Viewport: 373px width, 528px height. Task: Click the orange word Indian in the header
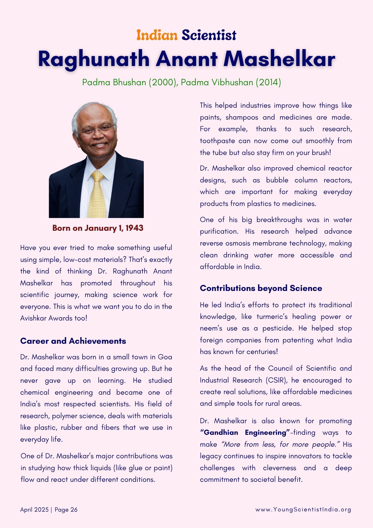tap(157, 35)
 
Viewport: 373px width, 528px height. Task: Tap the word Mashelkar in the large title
tap(279, 59)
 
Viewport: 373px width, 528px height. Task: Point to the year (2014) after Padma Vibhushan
tap(268, 82)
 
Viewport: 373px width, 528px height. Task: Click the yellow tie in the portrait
tap(97, 195)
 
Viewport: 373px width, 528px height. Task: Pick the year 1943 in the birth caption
tap(134, 228)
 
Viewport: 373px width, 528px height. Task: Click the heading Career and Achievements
tap(73, 341)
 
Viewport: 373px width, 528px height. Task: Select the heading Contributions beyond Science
tap(261, 288)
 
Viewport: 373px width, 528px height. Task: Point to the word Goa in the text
tap(165, 357)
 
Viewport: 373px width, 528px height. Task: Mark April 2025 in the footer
tap(34, 510)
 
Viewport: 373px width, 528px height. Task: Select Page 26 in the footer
tap(66, 510)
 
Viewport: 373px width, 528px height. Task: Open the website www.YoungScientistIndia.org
tap(303, 510)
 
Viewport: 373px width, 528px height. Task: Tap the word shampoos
tap(242, 117)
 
